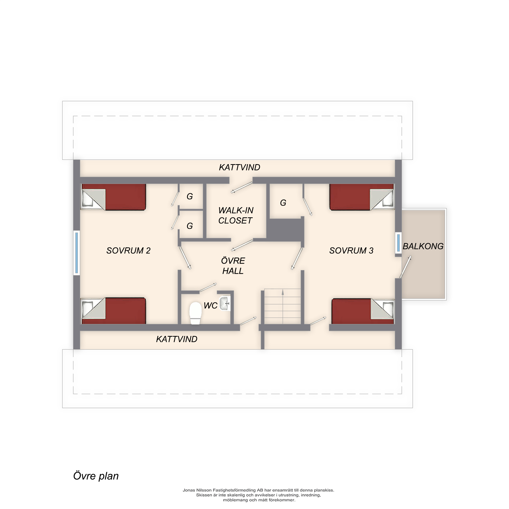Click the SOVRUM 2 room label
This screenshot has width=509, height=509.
(128, 250)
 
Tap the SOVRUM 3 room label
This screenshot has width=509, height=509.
(351, 250)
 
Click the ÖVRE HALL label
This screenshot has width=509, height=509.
(233, 266)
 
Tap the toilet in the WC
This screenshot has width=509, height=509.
(195, 313)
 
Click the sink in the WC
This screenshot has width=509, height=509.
(225, 304)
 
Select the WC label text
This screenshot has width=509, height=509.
(210, 306)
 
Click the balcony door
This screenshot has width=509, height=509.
(405, 267)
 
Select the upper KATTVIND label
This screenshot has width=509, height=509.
(239, 167)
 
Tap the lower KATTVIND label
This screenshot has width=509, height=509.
(177, 339)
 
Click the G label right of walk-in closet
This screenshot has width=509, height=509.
(283, 203)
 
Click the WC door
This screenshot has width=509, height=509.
(208, 287)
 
